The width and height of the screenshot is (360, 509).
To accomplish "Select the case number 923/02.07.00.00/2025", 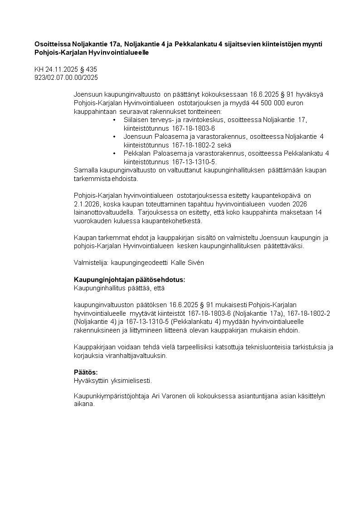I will (66, 78).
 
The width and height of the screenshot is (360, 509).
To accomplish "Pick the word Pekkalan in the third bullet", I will (136, 153).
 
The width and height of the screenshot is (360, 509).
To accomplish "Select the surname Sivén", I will (195, 263).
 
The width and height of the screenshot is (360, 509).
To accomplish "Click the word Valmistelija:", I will (90, 263).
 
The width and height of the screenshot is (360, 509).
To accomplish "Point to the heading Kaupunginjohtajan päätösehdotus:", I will (129, 279).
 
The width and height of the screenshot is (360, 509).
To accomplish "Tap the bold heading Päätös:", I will (86, 372).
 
